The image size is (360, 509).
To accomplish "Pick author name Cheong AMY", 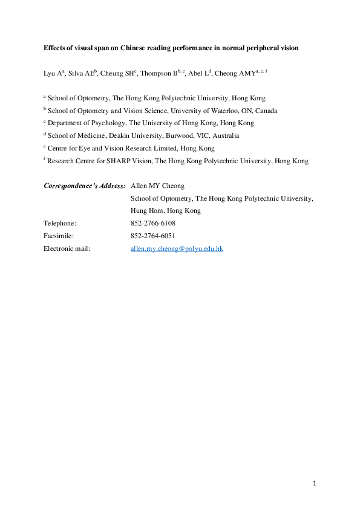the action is pyautogui.click(x=235, y=73).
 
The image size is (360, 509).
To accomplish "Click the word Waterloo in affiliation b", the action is pyautogui.click(x=214, y=111).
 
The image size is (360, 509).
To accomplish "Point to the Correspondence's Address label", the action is pyautogui.click(x=85, y=186).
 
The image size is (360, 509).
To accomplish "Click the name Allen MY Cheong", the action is pyautogui.click(x=158, y=186).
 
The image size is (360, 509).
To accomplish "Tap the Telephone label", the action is pyautogui.click(x=60, y=223).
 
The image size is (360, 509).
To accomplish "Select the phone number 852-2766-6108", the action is pyautogui.click(x=153, y=223).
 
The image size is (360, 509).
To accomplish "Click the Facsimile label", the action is pyautogui.click(x=59, y=236).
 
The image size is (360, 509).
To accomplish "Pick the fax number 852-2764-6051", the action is pyautogui.click(x=153, y=236).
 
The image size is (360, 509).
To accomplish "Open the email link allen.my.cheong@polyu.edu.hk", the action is pyautogui.click(x=177, y=248).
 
